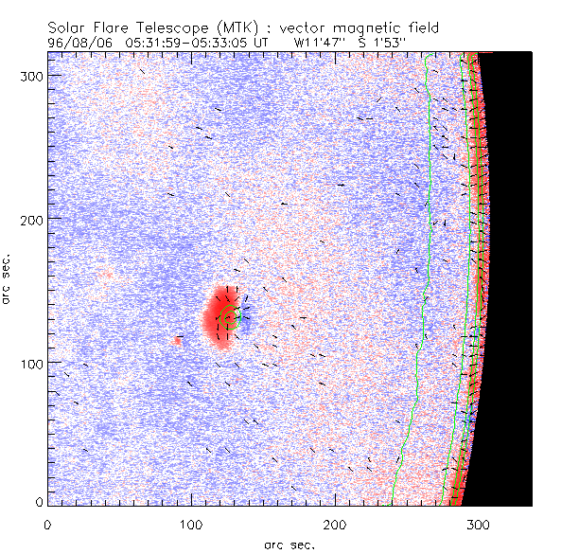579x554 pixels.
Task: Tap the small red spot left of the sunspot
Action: pos(178,339)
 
